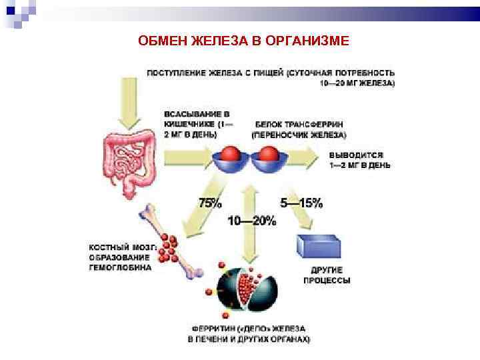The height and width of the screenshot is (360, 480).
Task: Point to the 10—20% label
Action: point(251,221)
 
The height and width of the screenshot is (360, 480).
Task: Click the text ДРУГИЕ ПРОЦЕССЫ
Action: point(327,275)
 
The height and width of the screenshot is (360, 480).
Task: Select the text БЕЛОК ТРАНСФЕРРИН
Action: point(298,125)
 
